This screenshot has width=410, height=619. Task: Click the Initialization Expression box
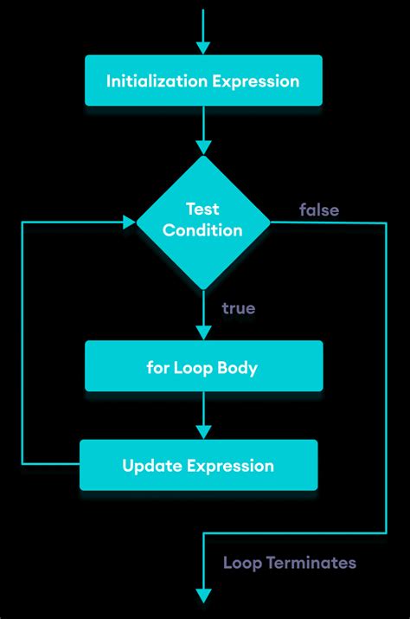coord(203,81)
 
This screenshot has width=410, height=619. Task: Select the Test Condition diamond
coord(203,222)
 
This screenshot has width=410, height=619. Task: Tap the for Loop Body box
coord(203,366)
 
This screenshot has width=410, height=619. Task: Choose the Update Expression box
coord(198,466)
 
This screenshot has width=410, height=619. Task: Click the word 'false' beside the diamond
coord(319,210)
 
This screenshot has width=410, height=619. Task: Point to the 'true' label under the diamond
coord(238,308)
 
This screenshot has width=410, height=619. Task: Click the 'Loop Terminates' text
coord(289,563)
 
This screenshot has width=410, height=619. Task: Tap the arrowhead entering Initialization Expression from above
coord(203,48)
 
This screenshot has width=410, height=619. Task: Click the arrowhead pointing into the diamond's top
coord(203,146)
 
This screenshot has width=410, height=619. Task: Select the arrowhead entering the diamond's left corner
coord(129,222)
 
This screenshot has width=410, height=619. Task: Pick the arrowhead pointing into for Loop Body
coord(203,332)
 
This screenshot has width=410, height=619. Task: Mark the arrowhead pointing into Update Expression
coord(203,431)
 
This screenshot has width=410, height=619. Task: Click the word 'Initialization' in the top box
coord(149,81)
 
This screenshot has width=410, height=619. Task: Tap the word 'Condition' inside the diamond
coord(203,231)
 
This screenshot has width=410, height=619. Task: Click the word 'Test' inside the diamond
coord(203,209)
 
